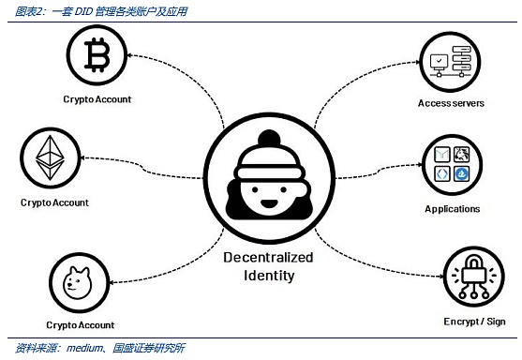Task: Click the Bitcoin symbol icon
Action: click(x=97, y=55)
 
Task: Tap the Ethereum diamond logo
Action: click(x=50, y=157)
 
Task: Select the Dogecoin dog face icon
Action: click(x=77, y=282)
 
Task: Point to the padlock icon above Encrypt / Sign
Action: click(x=473, y=276)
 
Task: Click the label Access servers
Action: click(x=451, y=103)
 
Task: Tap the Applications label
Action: click(x=452, y=209)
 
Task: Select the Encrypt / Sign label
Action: click(x=474, y=322)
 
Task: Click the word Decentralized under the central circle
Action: click(x=268, y=258)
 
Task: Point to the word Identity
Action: click(x=269, y=276)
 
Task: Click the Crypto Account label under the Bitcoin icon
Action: click(x=97, y=99)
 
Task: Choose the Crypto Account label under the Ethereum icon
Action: click(x=54, y=202)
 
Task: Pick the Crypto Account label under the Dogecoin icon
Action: click(x=81, y=325)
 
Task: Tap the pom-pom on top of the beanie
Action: click(x=269, y=138)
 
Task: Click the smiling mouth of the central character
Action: click(x=269, y=203)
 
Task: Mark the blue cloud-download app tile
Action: click(x=462, y=173)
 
